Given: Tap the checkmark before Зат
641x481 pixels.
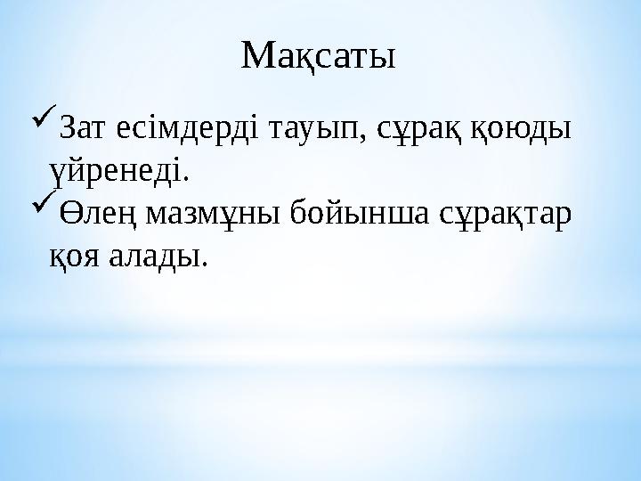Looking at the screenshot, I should point(42,118).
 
